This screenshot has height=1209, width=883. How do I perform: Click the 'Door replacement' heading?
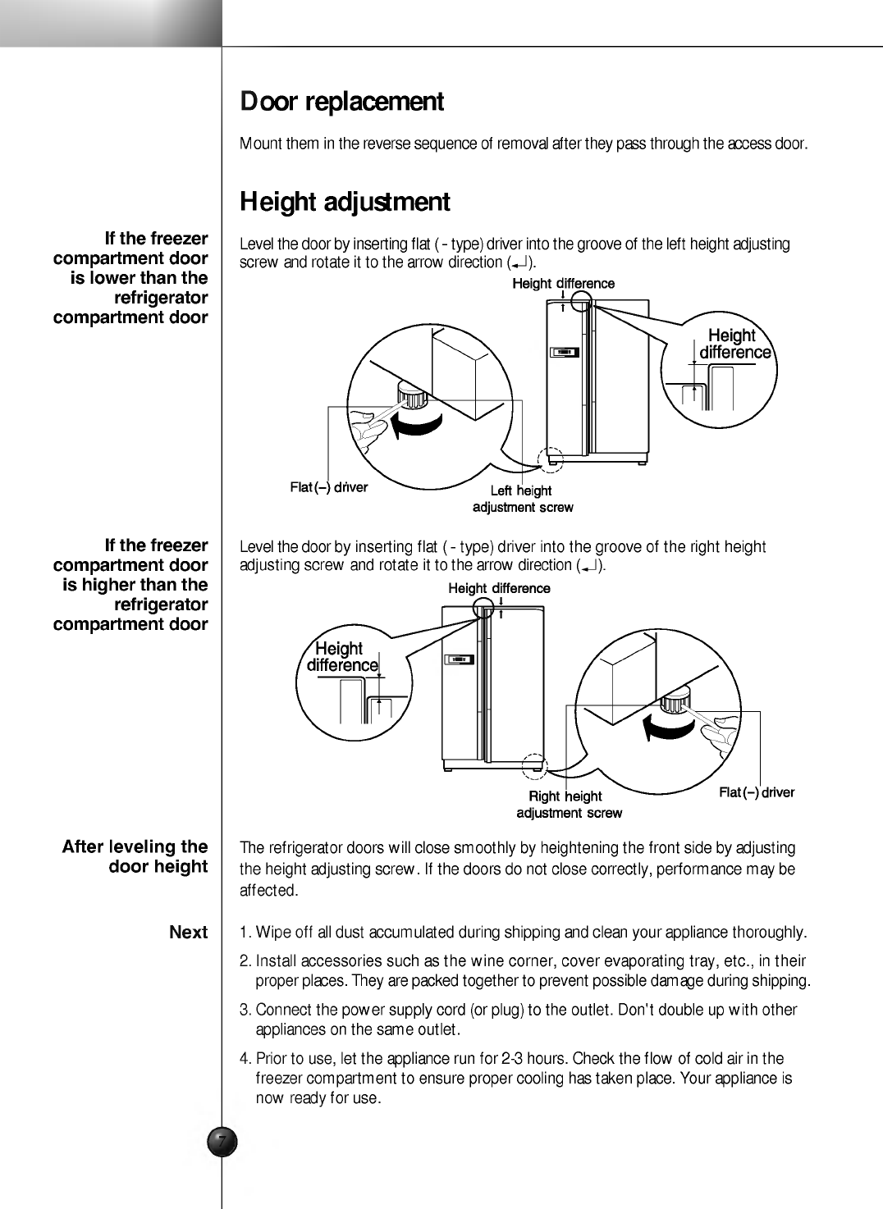pos(342,102)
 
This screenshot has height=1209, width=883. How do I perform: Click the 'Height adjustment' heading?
pos(345,203)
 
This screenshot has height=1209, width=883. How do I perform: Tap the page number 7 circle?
pos(222,1142)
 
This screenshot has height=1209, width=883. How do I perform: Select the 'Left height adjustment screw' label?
pos(523,499)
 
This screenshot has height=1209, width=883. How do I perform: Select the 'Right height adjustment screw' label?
pos(570,804)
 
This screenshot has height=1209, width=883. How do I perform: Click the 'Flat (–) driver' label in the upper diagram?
pos(329,487)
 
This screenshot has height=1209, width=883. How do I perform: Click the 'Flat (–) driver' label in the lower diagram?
pos(757,792)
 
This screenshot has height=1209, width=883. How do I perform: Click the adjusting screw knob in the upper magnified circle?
pos(413,395)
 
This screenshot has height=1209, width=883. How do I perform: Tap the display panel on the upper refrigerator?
pos(565,353)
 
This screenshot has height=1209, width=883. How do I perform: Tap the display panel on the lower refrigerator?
pos(459,659)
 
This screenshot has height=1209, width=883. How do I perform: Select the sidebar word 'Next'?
pos(189,932)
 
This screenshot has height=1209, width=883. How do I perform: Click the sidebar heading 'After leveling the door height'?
pos(135,856)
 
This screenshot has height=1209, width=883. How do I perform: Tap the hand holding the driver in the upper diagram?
pos(368,430)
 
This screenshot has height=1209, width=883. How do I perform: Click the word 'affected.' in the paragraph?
pos(269,891)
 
